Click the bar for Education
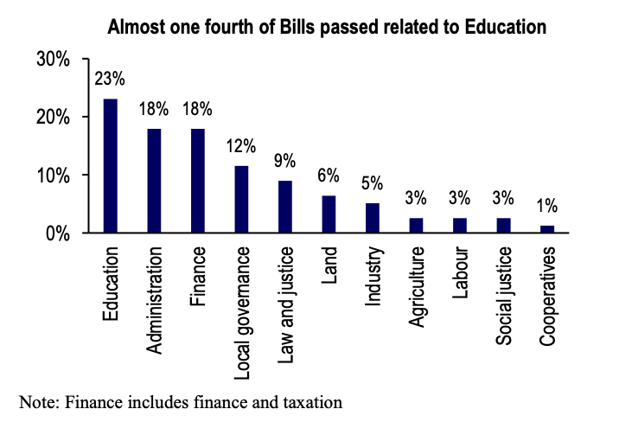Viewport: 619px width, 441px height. point(110,166)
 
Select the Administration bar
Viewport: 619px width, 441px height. point(154,181)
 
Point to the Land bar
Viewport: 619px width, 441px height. point(329,214)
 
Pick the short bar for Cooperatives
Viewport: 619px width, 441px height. point(546,229)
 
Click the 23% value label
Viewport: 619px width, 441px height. point(111,80)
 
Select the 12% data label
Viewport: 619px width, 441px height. point(241,145)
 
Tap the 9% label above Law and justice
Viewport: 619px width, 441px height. point(285,161)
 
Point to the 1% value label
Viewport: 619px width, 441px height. point(546,207)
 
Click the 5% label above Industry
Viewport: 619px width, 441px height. point(373,183)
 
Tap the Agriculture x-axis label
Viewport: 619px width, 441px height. point(417,289)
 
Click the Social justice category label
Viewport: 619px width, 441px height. point(504,294)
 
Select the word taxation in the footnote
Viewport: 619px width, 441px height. point(312,401)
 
